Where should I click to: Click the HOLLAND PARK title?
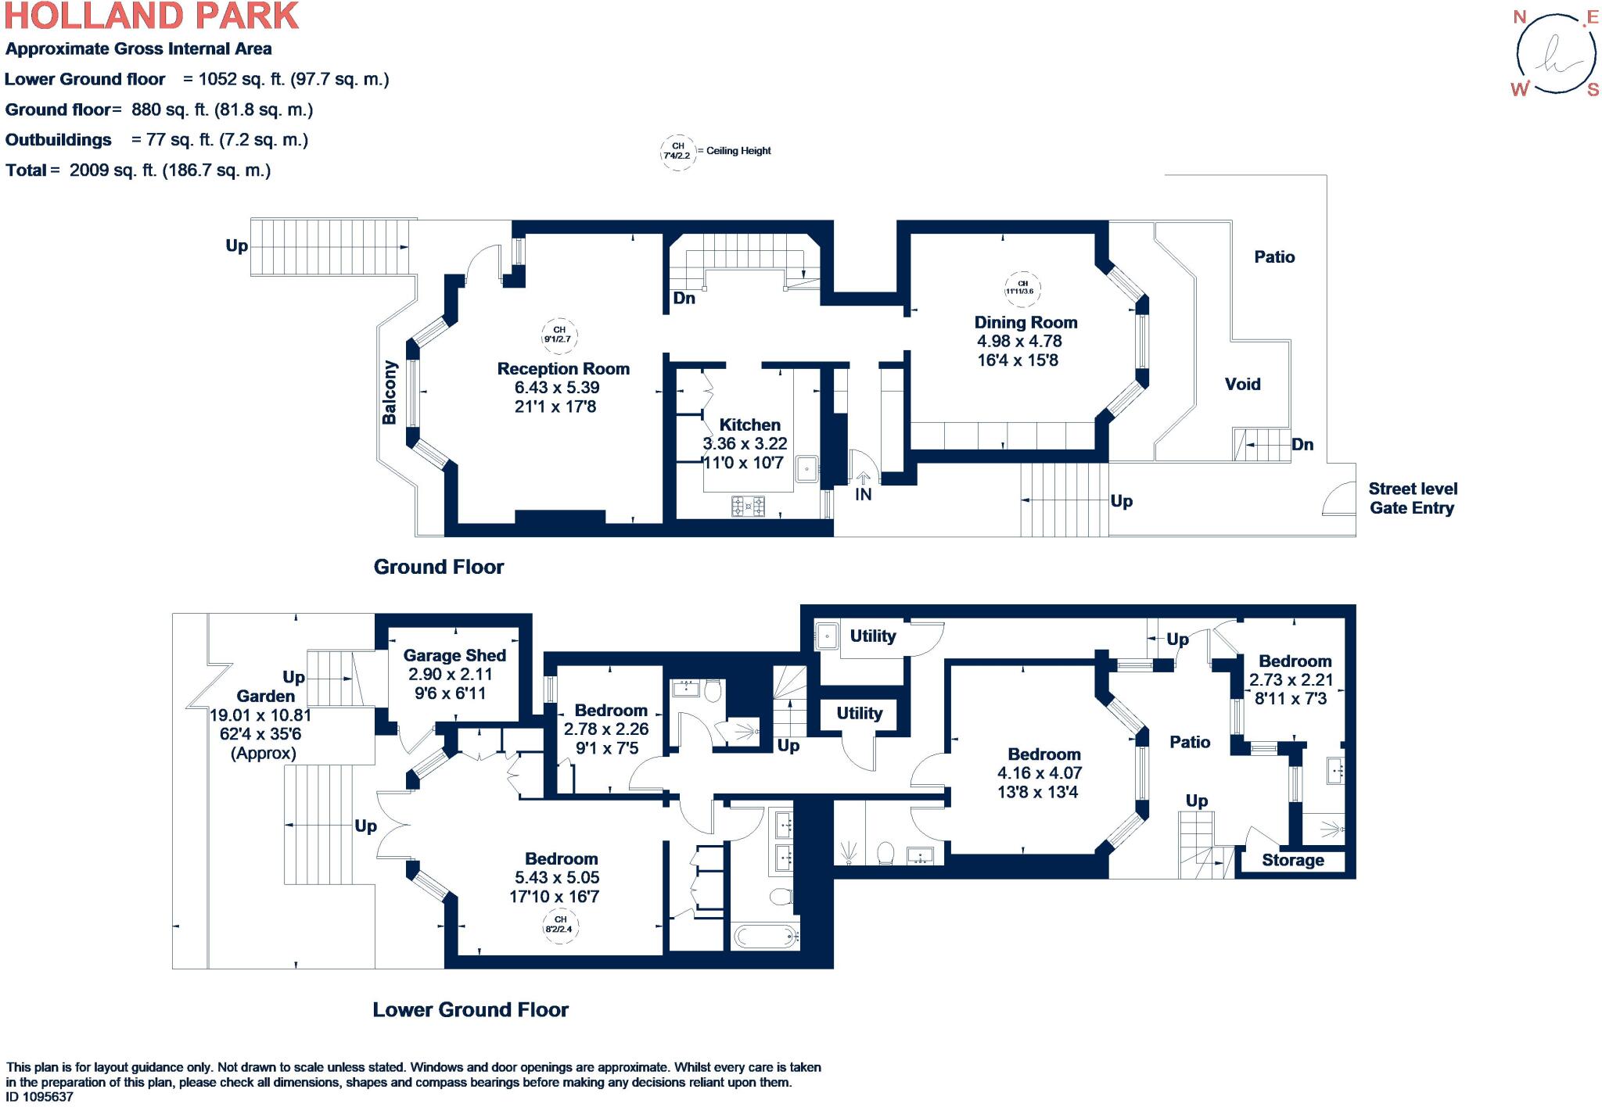[152, 16]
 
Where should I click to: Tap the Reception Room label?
[563, 369]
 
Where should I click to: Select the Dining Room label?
[1025, 323]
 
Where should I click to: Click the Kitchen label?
[749, 425]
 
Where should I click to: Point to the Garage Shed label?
[454, 656]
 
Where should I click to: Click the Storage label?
[1292, 861]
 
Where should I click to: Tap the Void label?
[1242, 385]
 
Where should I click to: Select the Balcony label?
[390, 392]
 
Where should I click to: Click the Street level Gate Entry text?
[1412, 499]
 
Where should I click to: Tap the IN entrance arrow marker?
[863, 479]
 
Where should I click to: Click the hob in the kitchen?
[748, 507]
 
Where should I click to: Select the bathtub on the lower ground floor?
[765, 936]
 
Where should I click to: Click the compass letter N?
[1520, 17]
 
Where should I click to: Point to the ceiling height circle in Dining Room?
[1022, 288]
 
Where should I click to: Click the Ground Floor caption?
[439, 567]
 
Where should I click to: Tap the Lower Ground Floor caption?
[470, 1010]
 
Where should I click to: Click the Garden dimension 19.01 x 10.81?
[260, 715]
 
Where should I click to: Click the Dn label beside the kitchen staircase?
[684, 298]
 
